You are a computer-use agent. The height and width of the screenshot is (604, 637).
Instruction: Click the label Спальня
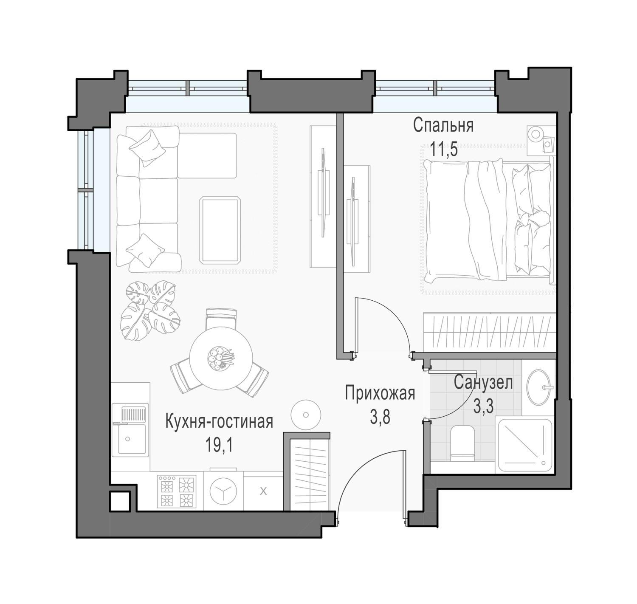click(x=443, y=125)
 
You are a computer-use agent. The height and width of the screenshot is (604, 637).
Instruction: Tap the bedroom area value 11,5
click(x=444, y=150)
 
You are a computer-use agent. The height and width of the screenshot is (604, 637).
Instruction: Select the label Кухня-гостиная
click(x=219, y=422)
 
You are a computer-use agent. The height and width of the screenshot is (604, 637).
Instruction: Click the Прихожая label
click(x=380, y=393)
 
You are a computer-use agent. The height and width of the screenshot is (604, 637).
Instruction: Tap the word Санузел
click(x=483, y=383)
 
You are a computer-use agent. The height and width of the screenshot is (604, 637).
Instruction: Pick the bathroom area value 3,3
click(x=483, y=406)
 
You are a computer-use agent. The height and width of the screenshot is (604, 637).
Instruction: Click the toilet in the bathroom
click(x=462, y=443)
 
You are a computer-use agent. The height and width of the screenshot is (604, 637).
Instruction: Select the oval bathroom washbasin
click(x=538, y=387)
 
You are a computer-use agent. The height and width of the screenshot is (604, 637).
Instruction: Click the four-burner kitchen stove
click(x=177, y=491)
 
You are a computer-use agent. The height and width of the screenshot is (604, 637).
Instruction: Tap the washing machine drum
click(x=223, y=491)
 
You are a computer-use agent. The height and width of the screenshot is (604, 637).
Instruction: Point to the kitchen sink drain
click(x=127, y=439)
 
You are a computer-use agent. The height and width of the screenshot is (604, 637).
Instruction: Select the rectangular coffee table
click(x=220, y=230)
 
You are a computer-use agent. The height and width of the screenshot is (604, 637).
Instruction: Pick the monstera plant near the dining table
click(x=150, y=310)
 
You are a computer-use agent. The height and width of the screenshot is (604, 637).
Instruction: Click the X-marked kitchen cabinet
click(x=263, y=491)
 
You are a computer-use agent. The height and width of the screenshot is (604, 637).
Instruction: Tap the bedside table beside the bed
click(x=541, y=141)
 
